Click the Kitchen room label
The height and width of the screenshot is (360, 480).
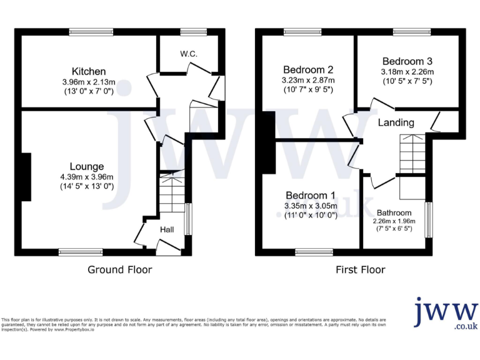point(88,71)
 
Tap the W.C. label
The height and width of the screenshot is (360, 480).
point(189,54)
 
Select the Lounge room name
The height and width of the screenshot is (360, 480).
point(87,166)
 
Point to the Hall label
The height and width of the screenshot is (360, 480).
point(167,230)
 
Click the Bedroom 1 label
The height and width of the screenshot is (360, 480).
point(311,195)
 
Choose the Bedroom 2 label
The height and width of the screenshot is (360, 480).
point(308,69)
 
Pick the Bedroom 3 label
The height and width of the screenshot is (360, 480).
point(407,61)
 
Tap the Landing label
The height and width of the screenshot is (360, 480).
point(396,122)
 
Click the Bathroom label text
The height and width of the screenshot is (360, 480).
point(394,212)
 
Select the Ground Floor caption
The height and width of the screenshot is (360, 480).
point(119,270)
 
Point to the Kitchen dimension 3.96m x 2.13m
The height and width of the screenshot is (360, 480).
point(88,82)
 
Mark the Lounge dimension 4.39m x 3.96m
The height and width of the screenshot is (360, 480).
point(87,177)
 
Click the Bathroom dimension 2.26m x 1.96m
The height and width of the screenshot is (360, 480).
point(394,221)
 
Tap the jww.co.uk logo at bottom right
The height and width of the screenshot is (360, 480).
point(446,314)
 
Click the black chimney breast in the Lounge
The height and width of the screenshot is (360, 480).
point(26,177)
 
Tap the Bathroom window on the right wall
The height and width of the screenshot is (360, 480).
point(429,219)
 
